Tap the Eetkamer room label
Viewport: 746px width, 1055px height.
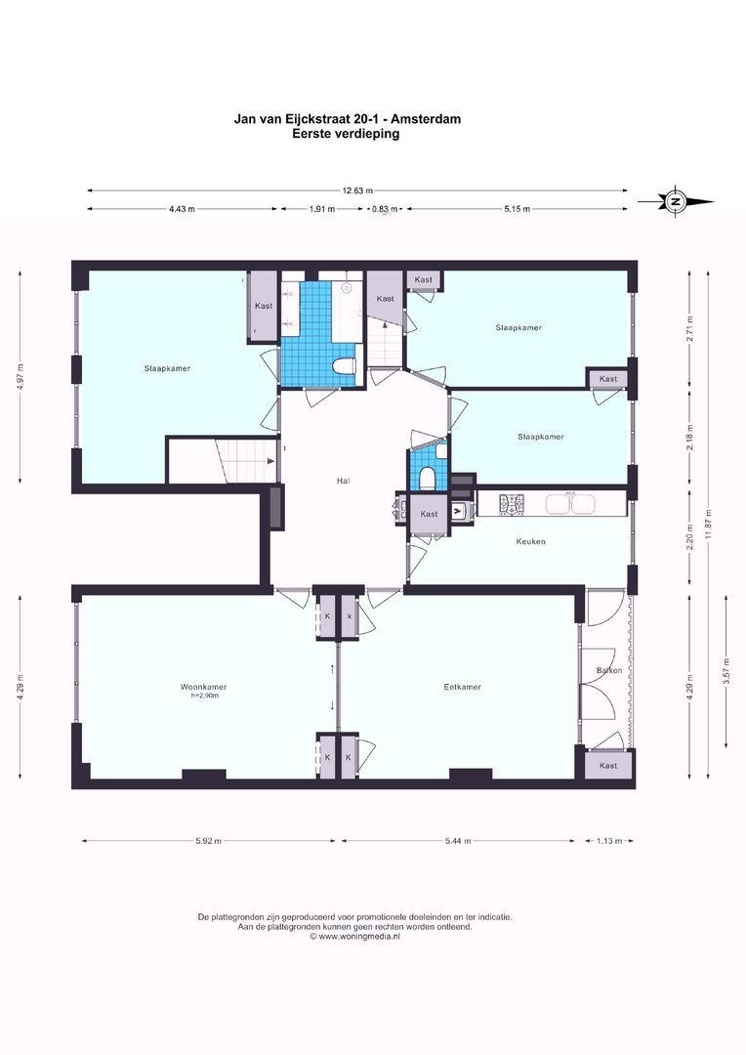(462, 687)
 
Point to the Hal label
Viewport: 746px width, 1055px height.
(343, 481)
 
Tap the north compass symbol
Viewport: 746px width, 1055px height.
(675, 201)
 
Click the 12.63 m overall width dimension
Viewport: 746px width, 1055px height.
(356, 191)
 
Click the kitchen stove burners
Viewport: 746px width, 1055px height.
(511, 504)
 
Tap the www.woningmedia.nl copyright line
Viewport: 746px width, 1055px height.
(355, 936)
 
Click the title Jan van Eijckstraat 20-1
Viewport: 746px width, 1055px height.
(347, 119)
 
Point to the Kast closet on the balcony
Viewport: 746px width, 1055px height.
(608, 766)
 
